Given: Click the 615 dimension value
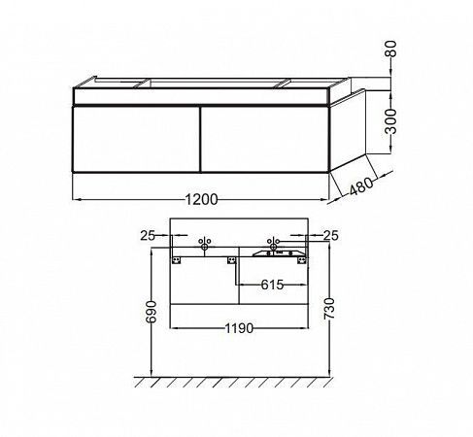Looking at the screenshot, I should pos(271,286).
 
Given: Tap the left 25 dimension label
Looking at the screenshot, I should pos(147,235).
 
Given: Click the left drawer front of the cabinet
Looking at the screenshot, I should pos(135,139).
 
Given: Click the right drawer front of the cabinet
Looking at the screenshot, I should pos(263,139).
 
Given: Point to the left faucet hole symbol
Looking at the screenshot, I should pos(204,244).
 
